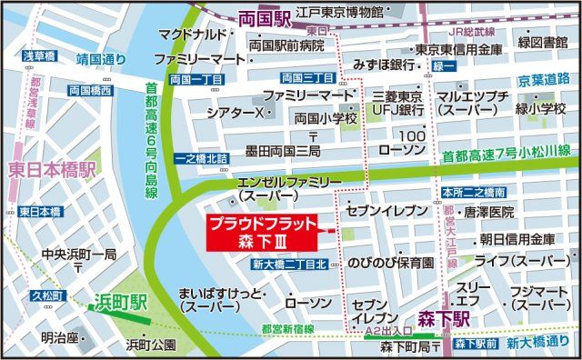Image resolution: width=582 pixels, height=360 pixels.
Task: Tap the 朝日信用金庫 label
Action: tap(517, 239)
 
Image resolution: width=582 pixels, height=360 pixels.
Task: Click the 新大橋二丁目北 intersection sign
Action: tap(288, 265)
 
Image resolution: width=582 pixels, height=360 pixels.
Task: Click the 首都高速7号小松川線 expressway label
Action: tap(506, 156)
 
